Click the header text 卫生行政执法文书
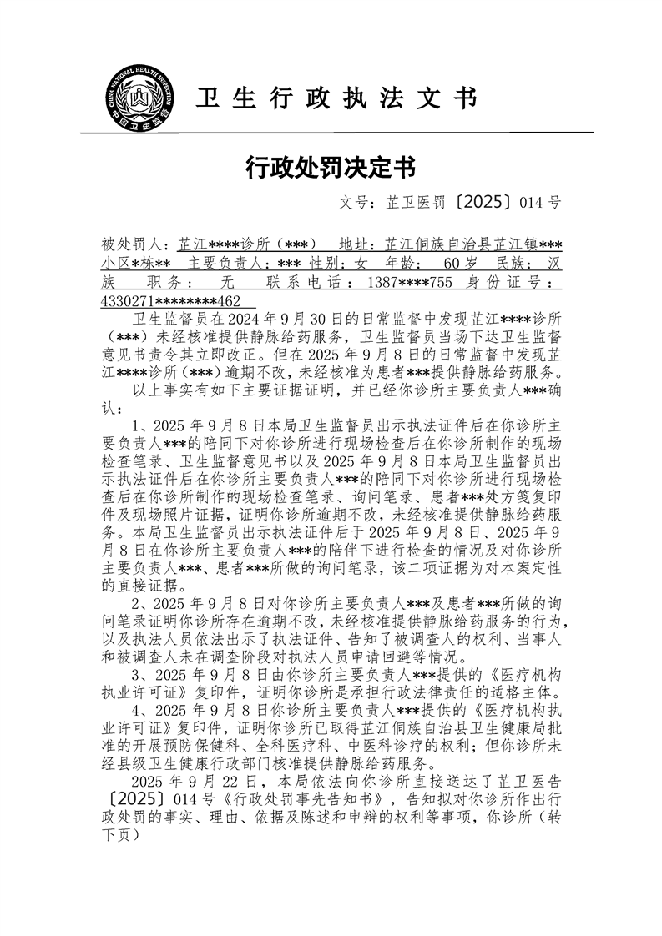pos(336,99)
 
